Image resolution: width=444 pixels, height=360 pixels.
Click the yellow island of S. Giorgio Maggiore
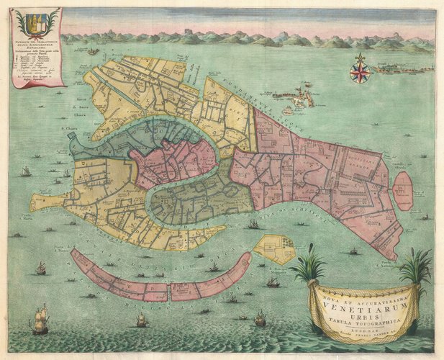[275, 249]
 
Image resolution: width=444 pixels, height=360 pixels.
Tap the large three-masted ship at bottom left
[40, 319]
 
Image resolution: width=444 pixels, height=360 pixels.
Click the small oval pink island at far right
[403, 190]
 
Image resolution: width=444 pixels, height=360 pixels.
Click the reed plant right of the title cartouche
[415, 268]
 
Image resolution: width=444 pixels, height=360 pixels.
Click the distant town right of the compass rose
[407, 69]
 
